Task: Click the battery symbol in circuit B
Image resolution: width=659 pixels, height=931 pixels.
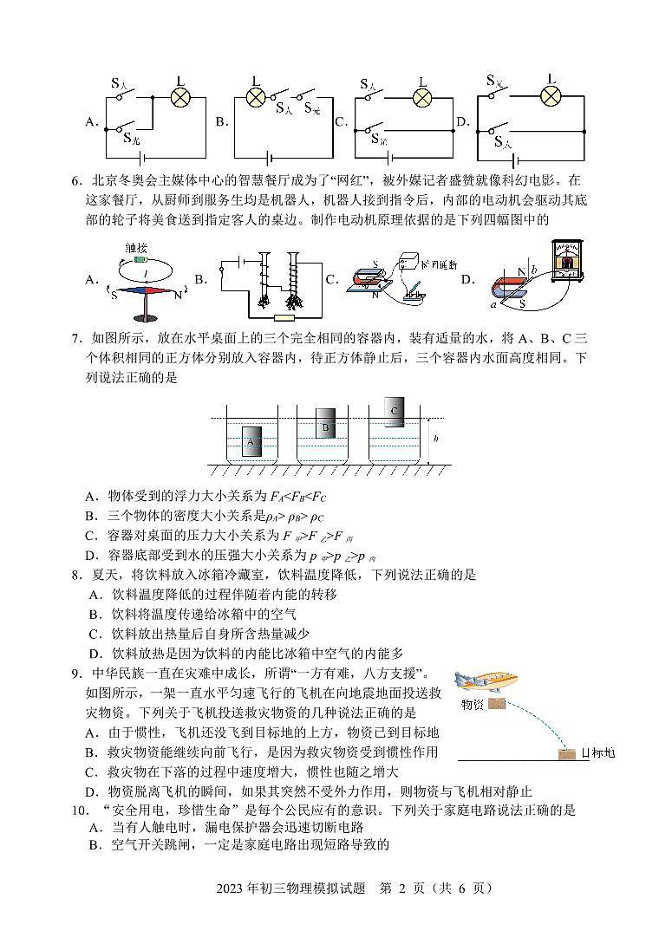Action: (271, 159)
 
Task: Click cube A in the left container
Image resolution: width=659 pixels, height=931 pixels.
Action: (250, 443)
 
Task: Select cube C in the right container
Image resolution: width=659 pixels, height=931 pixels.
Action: (395, 410)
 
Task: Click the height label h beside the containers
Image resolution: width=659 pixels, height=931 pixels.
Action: (435, 439)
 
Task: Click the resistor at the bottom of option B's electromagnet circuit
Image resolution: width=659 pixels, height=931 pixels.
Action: (282, 317)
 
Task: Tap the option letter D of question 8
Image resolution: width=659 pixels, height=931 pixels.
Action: (95, 654)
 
